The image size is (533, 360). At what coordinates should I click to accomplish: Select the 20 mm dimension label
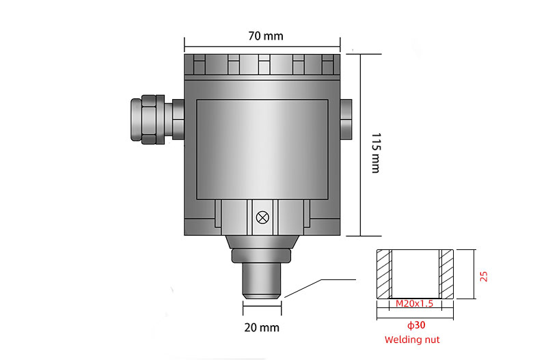(262, 327)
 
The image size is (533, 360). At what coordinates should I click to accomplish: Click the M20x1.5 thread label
(415, 303)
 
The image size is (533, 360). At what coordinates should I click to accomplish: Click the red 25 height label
(484, 275)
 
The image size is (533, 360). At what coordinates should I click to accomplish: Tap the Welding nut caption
(412, 340)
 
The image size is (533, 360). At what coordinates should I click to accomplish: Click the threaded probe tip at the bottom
(262, 280)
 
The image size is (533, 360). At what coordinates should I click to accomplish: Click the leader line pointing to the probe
(321, 280)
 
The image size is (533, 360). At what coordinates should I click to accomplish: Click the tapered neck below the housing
(262, 242)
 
